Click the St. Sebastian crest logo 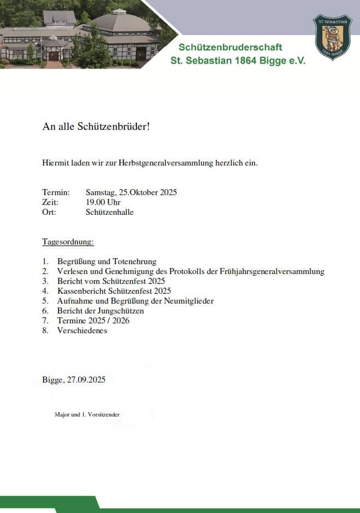click(x=332, y=37)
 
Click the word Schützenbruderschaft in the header click(x=231, y=47)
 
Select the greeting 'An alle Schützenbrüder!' click(x=96, y=127)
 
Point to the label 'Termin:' click(x=56, y=192)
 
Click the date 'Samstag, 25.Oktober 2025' click(x=131, y=192)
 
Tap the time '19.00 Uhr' click(x=103, y=202)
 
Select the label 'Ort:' click(x=49, y=212)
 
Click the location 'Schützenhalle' click(x=110, y=212)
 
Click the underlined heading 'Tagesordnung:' click(x=68, y=242)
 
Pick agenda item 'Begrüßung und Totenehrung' click(x=107, y=261)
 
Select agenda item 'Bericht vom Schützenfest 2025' click(x=111, y=281)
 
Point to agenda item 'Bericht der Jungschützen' click(x=100, y=311)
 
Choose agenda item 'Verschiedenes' click(x=82, y=330)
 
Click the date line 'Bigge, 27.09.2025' click(x=74, y=380)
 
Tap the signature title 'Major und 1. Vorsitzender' click(x=87, y=415)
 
